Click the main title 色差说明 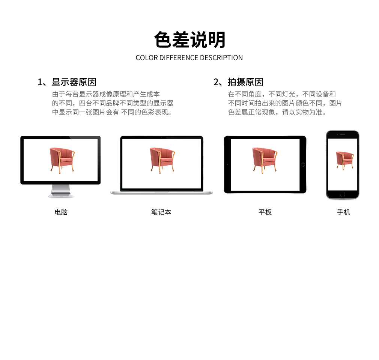coord(190,40)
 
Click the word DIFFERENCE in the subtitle coord(179,58)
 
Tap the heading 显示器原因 coord(74,82)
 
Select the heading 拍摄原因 coord(245,82)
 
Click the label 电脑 coord(61,212)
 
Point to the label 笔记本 coord(161,212)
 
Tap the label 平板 coord(265,212)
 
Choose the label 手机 coord(343,212)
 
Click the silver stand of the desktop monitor coord(61,191)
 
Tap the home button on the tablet coord(303,165)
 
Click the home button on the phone coord(343,194)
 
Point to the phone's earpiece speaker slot coord(343,135)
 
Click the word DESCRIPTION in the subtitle coord(221,58)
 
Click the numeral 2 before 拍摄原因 coord(216,82)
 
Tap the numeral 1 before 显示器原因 coord(40,82)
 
